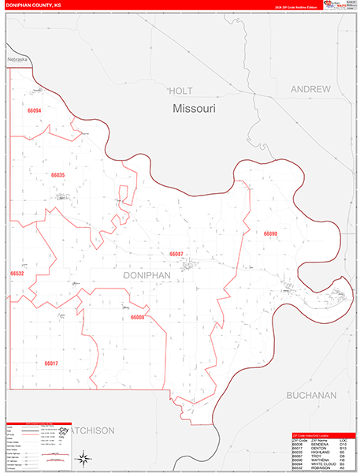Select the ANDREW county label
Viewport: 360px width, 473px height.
[310, 90]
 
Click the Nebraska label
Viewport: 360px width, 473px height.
[17, 60]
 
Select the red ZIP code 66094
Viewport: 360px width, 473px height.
[33, 111]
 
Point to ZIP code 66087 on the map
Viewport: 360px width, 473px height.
[176, 254]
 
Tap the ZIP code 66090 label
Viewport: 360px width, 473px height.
[270, 234]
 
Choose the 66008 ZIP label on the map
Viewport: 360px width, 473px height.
[138, 317]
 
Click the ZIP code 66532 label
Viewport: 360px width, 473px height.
[17, 274]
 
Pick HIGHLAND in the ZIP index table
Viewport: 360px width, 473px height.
[320, 450]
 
